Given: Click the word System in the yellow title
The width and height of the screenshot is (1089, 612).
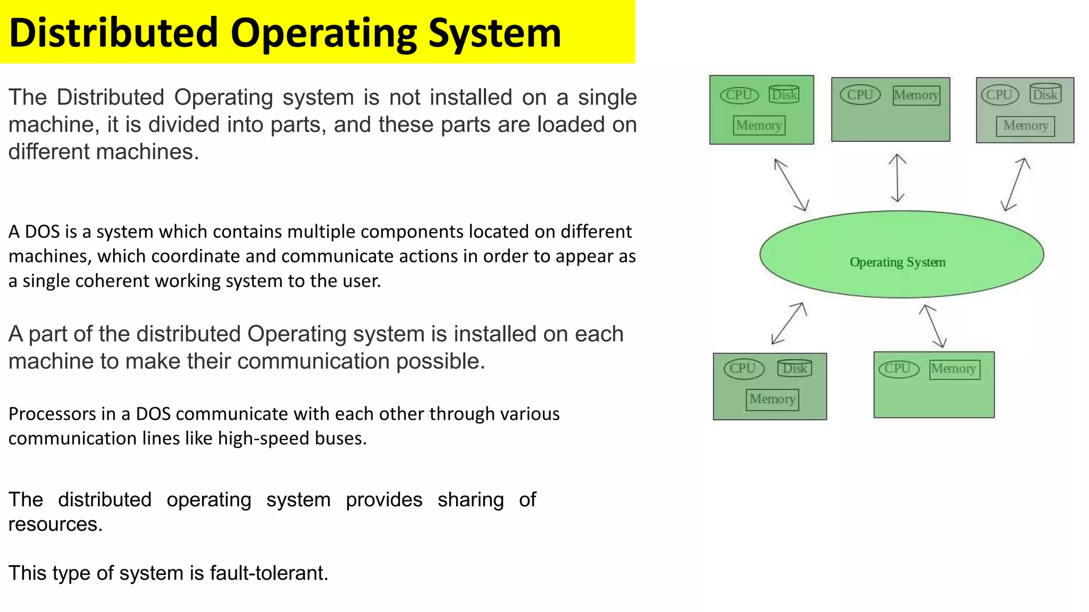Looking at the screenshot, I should point(494,33).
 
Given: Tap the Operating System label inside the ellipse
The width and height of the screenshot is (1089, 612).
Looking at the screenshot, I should point(897,262).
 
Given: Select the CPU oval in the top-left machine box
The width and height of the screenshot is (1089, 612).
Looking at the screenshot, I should point(739,95).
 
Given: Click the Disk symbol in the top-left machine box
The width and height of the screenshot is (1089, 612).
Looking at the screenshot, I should point(784,95).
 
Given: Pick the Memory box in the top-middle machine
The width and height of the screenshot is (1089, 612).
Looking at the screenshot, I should point(916,95).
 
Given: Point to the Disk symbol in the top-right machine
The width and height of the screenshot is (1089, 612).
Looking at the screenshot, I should point(1045,95).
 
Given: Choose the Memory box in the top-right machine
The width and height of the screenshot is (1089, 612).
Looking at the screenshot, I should point(1025,126).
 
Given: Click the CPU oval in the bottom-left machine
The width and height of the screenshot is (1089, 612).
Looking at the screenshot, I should point(743,368).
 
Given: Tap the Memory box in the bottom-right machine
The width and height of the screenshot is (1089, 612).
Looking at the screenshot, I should point(954,369).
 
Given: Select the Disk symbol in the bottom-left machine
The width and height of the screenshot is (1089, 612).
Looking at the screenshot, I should point(794,368).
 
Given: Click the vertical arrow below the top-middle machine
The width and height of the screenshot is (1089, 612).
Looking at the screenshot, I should point(898,178).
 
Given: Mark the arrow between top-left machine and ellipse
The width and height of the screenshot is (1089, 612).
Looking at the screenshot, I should point(791,185).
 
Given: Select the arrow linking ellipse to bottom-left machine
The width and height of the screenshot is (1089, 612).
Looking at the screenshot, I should point(789,323).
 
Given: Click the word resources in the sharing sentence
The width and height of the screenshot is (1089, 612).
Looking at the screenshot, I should point(54,524).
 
